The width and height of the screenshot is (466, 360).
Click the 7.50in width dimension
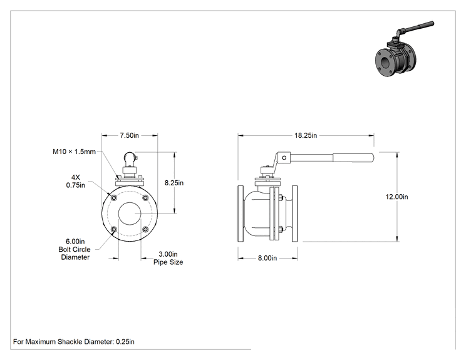(x=129, y=135)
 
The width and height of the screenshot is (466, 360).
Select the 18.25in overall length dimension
(x=306, y=135)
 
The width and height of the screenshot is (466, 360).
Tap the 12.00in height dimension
(x=396, y=197)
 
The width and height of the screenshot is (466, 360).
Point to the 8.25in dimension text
(x=174, y=183)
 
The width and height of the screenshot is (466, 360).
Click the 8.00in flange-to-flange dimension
(x=267, y=258)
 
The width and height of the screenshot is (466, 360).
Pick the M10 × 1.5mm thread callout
(x=75, y=152)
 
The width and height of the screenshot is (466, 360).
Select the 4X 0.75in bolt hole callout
(x=76, y=181)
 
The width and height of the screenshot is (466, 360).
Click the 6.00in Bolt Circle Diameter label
(x=75, y=249)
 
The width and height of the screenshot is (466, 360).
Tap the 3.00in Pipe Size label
(x=168, y=258)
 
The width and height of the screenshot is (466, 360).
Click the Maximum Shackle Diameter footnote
(x=74, y=342)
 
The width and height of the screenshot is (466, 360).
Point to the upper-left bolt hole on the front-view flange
(x=113, y=198)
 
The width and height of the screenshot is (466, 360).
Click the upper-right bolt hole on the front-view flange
(x=145, y=198)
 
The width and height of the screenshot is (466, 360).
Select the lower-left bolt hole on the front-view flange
(x=113, y=229)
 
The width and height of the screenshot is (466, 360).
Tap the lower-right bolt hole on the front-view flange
(x=145, y=229)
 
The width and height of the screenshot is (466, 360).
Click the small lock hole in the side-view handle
(x=284, y=158)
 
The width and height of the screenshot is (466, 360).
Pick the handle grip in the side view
(x=353, y=158)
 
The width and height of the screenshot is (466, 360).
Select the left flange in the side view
(x=241, y=213)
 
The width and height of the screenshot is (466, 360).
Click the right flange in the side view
(x=294, y=213)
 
